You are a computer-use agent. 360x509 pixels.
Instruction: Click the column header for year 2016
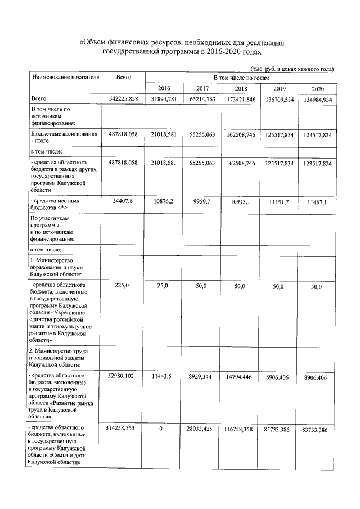164,89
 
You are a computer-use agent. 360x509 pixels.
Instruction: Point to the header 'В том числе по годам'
241,76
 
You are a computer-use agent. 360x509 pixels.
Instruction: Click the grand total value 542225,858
122,100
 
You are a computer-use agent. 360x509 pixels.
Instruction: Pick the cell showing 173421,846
241,100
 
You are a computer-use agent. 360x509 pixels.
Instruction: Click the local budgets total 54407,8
122,201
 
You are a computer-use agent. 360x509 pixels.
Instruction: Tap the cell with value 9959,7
202,201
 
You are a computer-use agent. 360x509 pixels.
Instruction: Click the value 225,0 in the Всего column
122,287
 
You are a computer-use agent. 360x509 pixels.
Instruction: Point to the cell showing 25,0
163,287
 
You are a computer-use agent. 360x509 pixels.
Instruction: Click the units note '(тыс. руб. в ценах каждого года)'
292,69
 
